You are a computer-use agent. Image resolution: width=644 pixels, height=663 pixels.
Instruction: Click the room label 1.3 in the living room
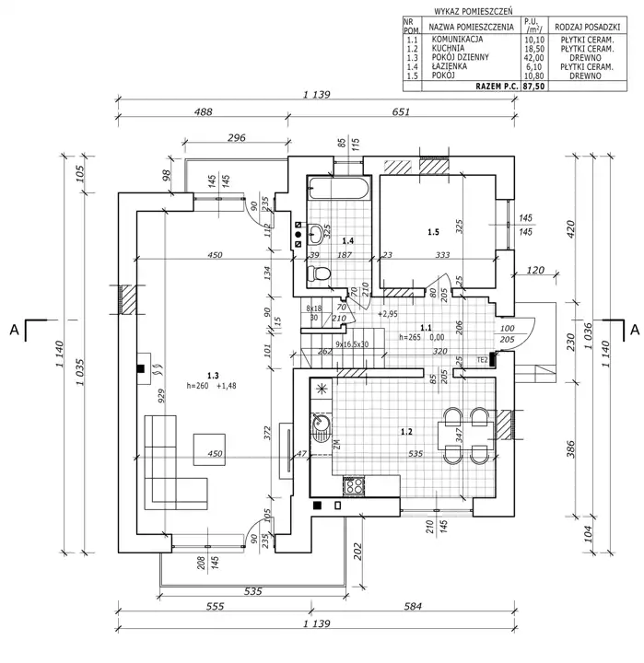213,375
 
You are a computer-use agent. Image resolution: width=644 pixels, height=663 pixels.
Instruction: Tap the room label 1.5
433,232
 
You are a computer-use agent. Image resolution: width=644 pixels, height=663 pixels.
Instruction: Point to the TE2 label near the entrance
482,359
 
